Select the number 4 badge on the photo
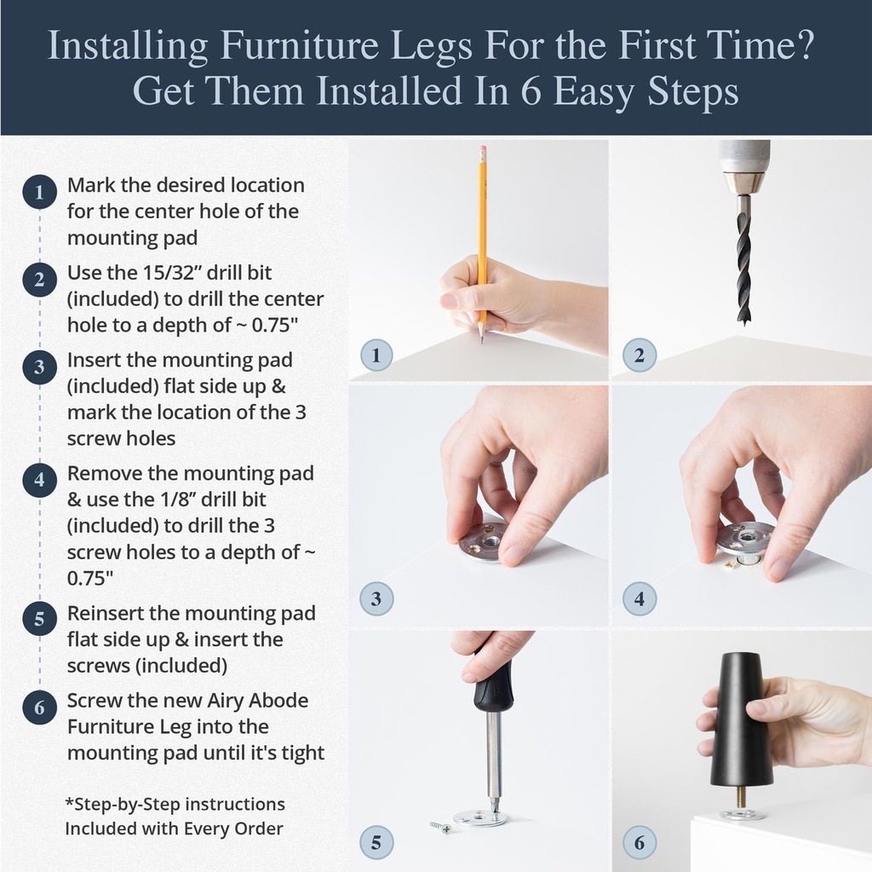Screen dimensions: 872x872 pyautogui.click(x=640, y=599)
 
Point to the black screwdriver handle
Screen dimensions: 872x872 pyautogui.click(x=494, y=686)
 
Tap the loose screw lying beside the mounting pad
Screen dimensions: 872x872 pyautogui.click(x=440, y=826)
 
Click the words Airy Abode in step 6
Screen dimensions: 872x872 pyautogui.click(x=257, y=701)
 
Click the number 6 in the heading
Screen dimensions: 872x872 pyautogui.click(x=531, y=91)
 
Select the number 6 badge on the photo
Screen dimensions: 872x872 pyautogui.click(x=640, y=844)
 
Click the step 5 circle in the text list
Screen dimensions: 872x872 pyautogui.click(x=39, y=620)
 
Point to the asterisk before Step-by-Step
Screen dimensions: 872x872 pyautogui.click(x=69, y=802)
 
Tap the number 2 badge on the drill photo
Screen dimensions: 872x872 pyautogui.click(x=640, y=355)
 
